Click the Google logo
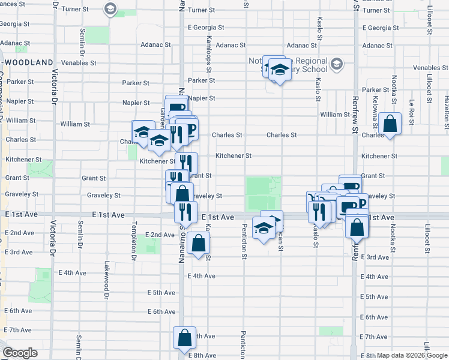point(20,353)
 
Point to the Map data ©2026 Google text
point(412,355)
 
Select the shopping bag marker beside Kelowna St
point(390,125)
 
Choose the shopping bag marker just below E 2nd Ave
point(198,244)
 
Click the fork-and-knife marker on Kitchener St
point(186,163)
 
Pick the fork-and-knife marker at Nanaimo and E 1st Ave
point(185,211)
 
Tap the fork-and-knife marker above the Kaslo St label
point(319,211)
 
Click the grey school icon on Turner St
point(110,9)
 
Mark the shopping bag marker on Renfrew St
point(357,228)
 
